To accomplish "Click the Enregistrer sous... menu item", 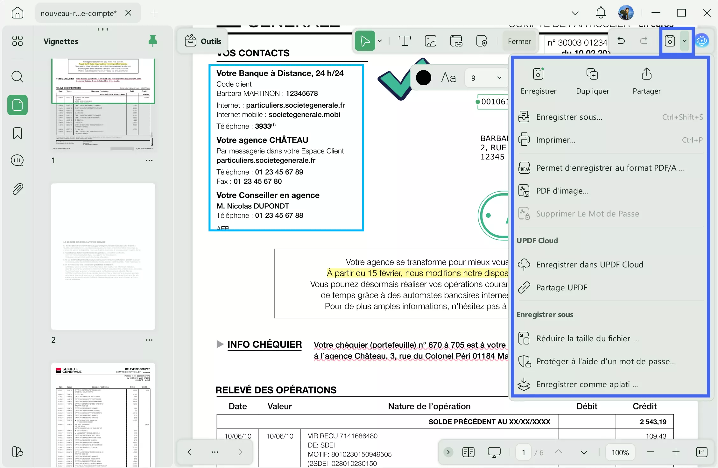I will [x=569, y=117].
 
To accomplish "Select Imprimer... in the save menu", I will [x=556, y=140].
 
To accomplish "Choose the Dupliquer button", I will [x=592, y=81].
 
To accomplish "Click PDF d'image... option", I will [x=562, y=191].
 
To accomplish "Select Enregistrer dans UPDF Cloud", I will [x=589, y=265].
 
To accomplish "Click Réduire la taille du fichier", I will [x=587, y=338].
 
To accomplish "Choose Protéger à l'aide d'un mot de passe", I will [x=606, y=361].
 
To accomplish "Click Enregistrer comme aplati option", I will [x=587, y=384].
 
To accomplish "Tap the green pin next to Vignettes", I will [x=152, y=41].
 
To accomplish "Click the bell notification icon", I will [x=601, y=13].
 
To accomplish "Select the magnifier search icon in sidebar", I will [x=17, y=77].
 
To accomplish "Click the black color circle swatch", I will [x=423, y=78].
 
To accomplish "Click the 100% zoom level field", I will [x=620, y=452].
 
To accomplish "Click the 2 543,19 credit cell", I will [x=652, y=422].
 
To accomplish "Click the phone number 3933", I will [x=263, y=126].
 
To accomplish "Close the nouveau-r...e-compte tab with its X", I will [x=128, y=13].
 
